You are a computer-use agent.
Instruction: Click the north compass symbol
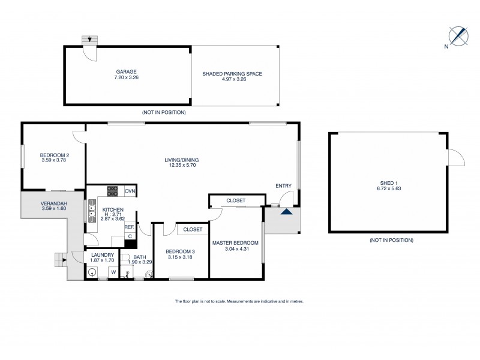click(x=458, y=35)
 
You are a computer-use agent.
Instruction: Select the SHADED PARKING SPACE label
click(x=235, y=74)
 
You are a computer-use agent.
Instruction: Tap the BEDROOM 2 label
click(x=55, y=155)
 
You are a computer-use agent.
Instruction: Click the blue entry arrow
click(x=287, y=211)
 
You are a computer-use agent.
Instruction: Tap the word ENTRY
click(x=283, y=186)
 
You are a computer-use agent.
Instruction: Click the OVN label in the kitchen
click(x=130, y=191)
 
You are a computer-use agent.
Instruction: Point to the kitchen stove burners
click(x=112, y=191)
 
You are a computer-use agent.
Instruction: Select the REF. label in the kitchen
click(x=129, y=227)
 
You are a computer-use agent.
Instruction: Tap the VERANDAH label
click(x=54, y=203)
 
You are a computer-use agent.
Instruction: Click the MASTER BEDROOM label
click(x=235, y=243)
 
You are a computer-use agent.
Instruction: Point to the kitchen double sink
click(x=92, y=211)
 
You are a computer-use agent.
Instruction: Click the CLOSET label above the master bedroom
click(x=236, y=200)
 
